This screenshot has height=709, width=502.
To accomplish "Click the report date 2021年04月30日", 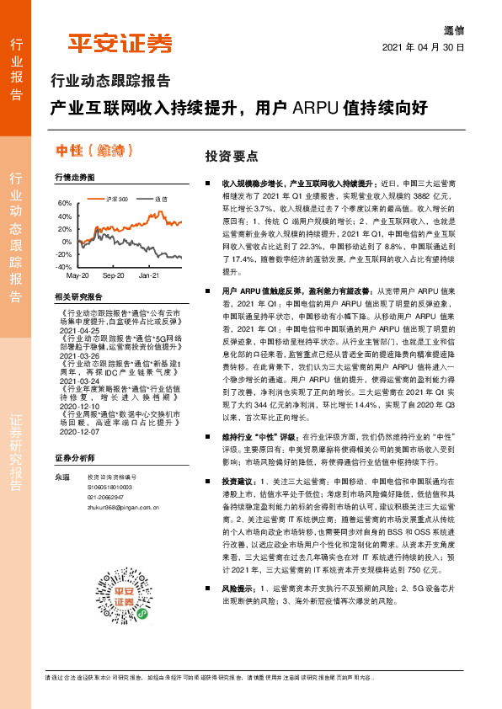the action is click(x=423, y=47).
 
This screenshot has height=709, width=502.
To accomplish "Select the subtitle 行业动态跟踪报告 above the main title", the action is click(x=110, y=82).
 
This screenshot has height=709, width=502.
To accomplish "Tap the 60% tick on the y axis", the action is click(x=64, y=204).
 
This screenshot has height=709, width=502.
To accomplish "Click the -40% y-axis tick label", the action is click(x=63, y=266).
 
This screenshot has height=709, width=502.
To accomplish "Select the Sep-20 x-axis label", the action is click(x=113, y=275).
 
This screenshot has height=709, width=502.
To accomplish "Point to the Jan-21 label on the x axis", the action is click(x=149, y=275).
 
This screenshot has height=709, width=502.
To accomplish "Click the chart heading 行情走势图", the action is click(x=74, y=178).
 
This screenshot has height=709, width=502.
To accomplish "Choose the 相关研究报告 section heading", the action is click(x=78, y=297).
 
